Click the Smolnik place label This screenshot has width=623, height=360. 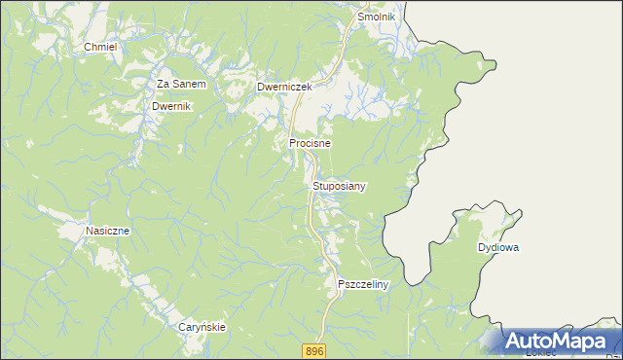pos(376,18)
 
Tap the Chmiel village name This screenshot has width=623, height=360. pos(100,47)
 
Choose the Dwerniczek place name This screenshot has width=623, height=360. pos(283,87)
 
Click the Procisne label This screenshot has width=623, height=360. pos(310,143)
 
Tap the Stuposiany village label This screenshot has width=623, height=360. pos(340,185)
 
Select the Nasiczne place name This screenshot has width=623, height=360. pos(108,231)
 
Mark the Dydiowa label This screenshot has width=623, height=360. pos(497,248)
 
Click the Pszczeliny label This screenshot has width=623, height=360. pos(362,284)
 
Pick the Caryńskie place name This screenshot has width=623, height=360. pos(202,327)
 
